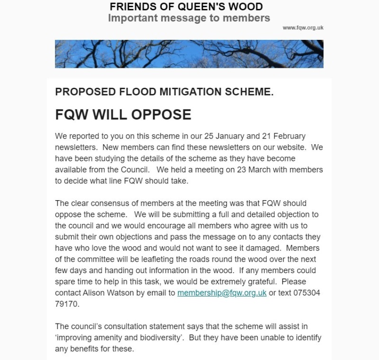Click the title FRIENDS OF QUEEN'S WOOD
pyautogui.click(x=186, y=7)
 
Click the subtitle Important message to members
pyautogui.click(x=189, y=18)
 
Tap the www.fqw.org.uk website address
pyautogui.click(x=303, y=28)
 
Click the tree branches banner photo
pyautogui.click(x=189, y=54)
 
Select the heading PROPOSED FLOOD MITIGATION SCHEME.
pyautogui.click(x=164, y=92)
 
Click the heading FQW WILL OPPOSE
pyautogui.click(x=123, y=115)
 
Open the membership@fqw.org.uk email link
pyautogui.click(x=222, y=293)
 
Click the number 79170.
pyautogui.click(x=65, y=304)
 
